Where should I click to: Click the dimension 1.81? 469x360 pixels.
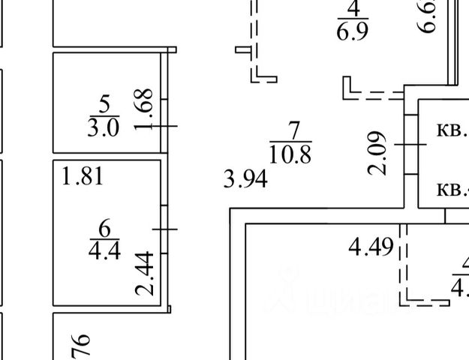(83, 178)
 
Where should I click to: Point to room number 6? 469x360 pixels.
(104, 226)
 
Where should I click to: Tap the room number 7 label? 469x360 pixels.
(290, 129)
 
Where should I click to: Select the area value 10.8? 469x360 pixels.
(290, 154)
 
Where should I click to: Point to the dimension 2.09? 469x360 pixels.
(378, 153)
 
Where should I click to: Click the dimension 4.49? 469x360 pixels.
(371, 247)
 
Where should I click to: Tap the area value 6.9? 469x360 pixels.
(353, 32)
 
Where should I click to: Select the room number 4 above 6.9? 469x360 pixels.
(353, 10)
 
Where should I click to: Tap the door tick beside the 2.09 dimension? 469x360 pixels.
(410, 144)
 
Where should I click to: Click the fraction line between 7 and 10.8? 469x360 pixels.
(290, 141)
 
